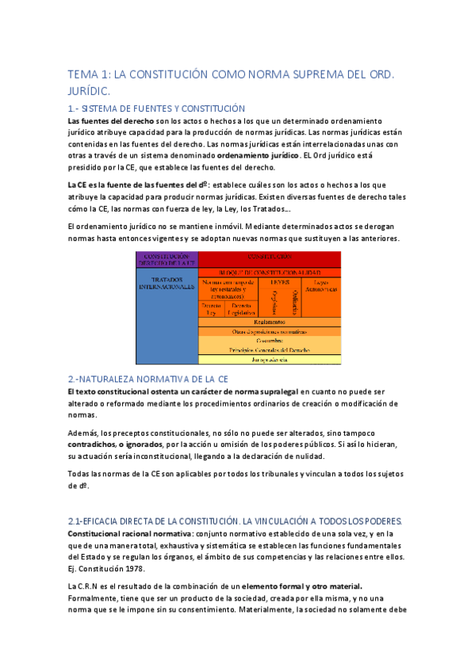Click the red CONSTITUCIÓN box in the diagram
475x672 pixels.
269,258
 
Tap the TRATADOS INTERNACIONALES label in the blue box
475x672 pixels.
166,283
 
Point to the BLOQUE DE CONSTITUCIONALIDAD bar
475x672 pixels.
269,272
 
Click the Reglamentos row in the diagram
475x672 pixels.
269,322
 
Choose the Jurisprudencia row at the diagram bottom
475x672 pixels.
269,359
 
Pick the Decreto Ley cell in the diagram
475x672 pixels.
211,308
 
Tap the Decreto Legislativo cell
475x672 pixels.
242,308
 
